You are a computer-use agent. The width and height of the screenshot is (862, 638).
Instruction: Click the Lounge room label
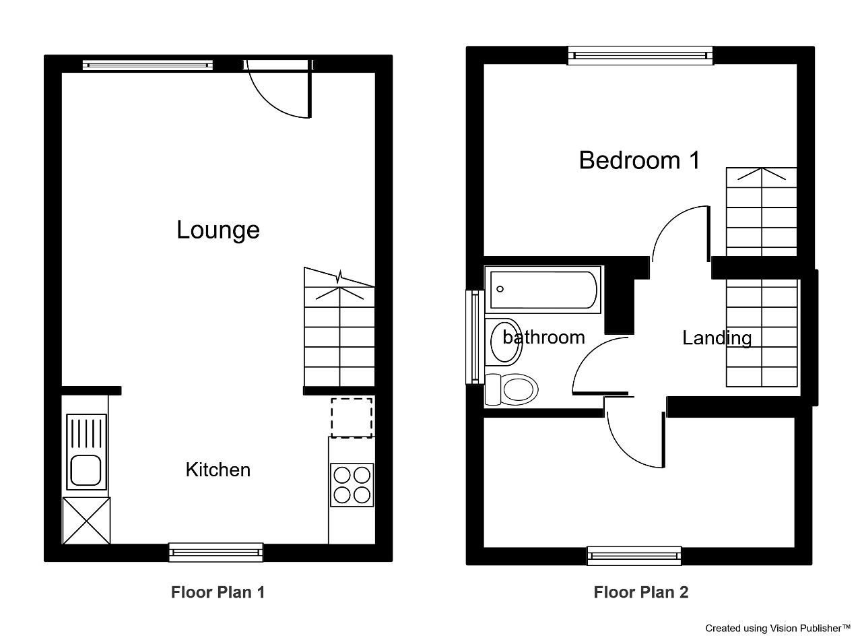click(x=218, y=230)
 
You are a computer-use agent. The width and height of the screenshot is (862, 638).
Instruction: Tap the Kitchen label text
click(x=218, y=470)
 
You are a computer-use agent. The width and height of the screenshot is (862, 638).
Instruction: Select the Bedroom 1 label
click(x=639, y=160)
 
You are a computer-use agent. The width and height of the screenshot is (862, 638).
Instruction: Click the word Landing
click(x=717, y=338)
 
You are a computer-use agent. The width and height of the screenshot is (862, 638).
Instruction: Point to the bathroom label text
click(x=543, y=337)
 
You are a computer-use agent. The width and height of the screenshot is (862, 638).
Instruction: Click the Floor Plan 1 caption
click(x=218, y=592)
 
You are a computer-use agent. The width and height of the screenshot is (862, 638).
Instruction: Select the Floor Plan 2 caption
click(x=641, y=592)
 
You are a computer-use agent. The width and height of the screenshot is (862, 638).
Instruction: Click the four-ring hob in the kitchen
click(x=352, y=485)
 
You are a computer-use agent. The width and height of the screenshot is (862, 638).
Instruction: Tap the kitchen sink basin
click(x=86, y=470)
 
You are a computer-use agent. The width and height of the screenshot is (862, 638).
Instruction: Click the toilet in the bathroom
click(x=511, y=389)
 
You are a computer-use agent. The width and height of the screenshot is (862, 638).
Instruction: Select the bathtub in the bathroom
click(x=543, y=290)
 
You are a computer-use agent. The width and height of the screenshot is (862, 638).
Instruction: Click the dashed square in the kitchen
click(x=352, y=418)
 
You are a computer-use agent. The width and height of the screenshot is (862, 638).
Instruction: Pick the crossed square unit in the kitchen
click(x=87, y=521)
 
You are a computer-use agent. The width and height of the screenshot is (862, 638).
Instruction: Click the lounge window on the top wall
click(x=147, y=65)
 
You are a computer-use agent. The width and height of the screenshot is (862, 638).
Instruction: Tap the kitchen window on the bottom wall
click(x=216, y=552)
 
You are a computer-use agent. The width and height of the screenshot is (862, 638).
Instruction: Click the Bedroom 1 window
click(x=640, y=55)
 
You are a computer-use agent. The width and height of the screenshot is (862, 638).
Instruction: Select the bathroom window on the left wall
click(x=475, y=337)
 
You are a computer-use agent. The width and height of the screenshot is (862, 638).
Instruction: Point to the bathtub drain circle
click(x=500, y=289)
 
